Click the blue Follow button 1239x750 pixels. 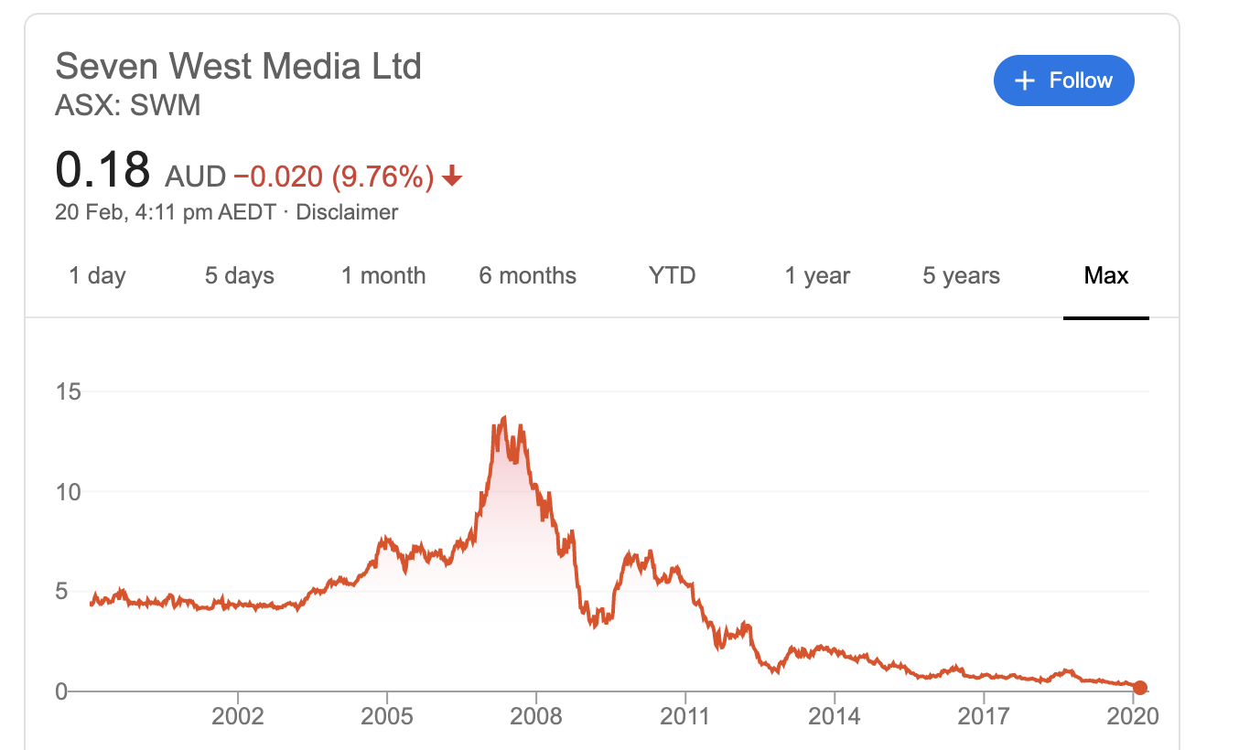(1063, 80)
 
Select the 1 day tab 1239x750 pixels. (97, 275)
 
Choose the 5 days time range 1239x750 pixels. (239, 275)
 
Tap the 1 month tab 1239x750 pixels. (383, 275)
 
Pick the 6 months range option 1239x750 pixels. (527, 275)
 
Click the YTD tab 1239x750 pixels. (672, 275)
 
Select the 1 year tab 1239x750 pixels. (817, 275)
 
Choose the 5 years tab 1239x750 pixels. (961, 275)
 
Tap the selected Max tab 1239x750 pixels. (1105, 275)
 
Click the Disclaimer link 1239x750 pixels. (347, 212)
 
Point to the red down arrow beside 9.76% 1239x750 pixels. (452, 177)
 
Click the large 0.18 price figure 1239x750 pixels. (102, 170)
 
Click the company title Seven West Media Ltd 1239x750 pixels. (238, 67)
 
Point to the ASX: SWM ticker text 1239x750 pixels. (127, 106)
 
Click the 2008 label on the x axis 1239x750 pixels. (536, 715)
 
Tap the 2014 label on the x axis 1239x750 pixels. (835, 715)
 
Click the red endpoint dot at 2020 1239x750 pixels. (1139, 688)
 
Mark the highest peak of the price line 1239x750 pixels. (504, 417)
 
